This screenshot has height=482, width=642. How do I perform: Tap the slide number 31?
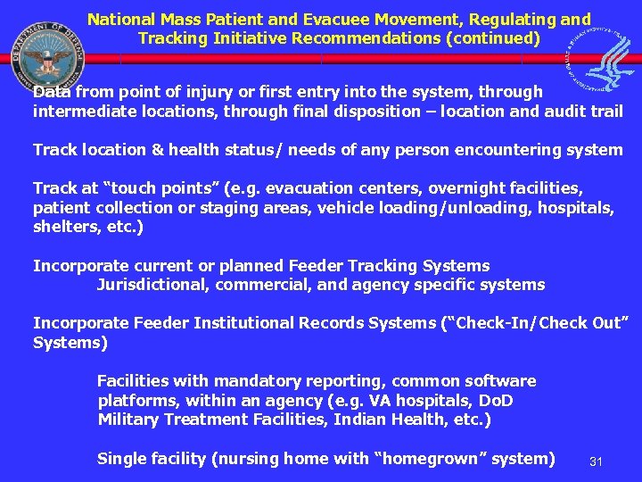point(597,461)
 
